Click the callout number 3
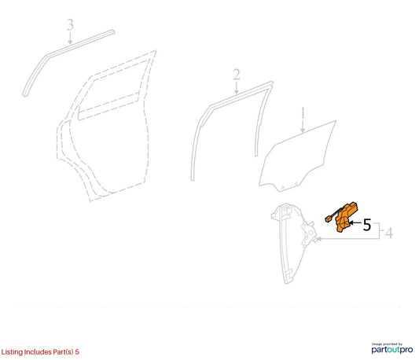click(x=70, y=24)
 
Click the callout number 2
click(x=237, y=75)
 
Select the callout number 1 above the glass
click(x=303, y=112)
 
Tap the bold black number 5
click(x=367, y=225)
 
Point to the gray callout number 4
click(x=389, y=233)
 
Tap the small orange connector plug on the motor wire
click(x=328, y=219)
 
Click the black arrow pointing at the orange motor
click(x=355, y=222)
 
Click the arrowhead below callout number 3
click(x=70, y=42)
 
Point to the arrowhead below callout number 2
click(x=237, y=91)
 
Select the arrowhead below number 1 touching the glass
click(x=303, y=130)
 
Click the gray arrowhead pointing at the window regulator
click(x=318, y=239)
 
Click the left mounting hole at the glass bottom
click(x=283, y=188)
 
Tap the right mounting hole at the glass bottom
click(x=296, y=183)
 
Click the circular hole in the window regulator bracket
click(x=311, y=233)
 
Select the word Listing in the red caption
click(x=12, y=352)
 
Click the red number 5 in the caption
click(x=77, y=351)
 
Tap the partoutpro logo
click(x=392, y=349)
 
